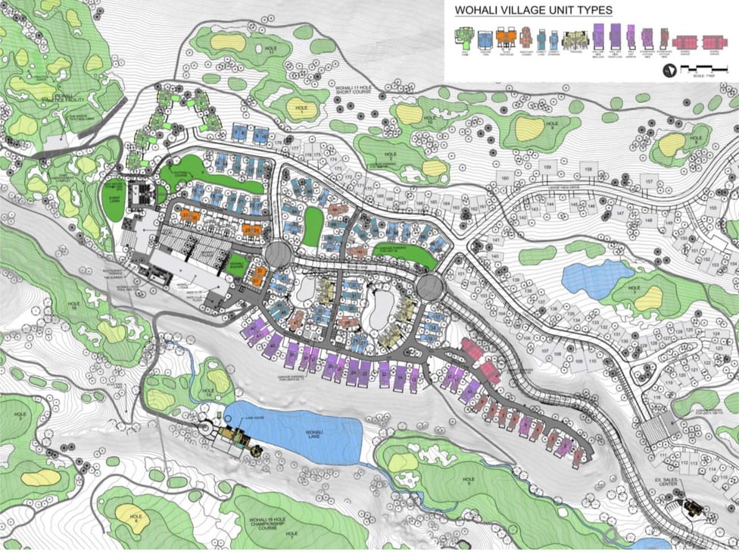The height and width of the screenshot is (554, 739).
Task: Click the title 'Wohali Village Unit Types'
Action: pos(533,10)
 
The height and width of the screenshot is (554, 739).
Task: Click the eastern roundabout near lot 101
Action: pos(429,286)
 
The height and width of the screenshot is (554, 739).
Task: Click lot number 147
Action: pos(621,214)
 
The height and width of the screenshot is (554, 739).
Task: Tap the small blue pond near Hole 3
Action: pos(597,277)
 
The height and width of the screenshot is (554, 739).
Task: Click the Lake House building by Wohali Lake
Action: pos(234,437)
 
